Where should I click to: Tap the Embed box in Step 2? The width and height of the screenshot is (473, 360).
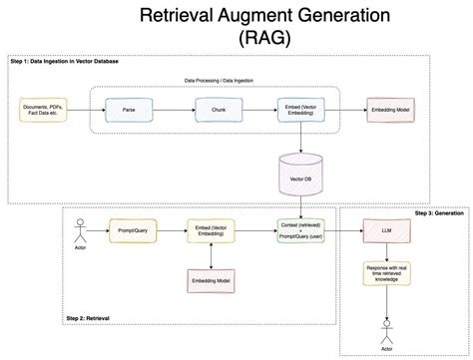click(x=213, y=232)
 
